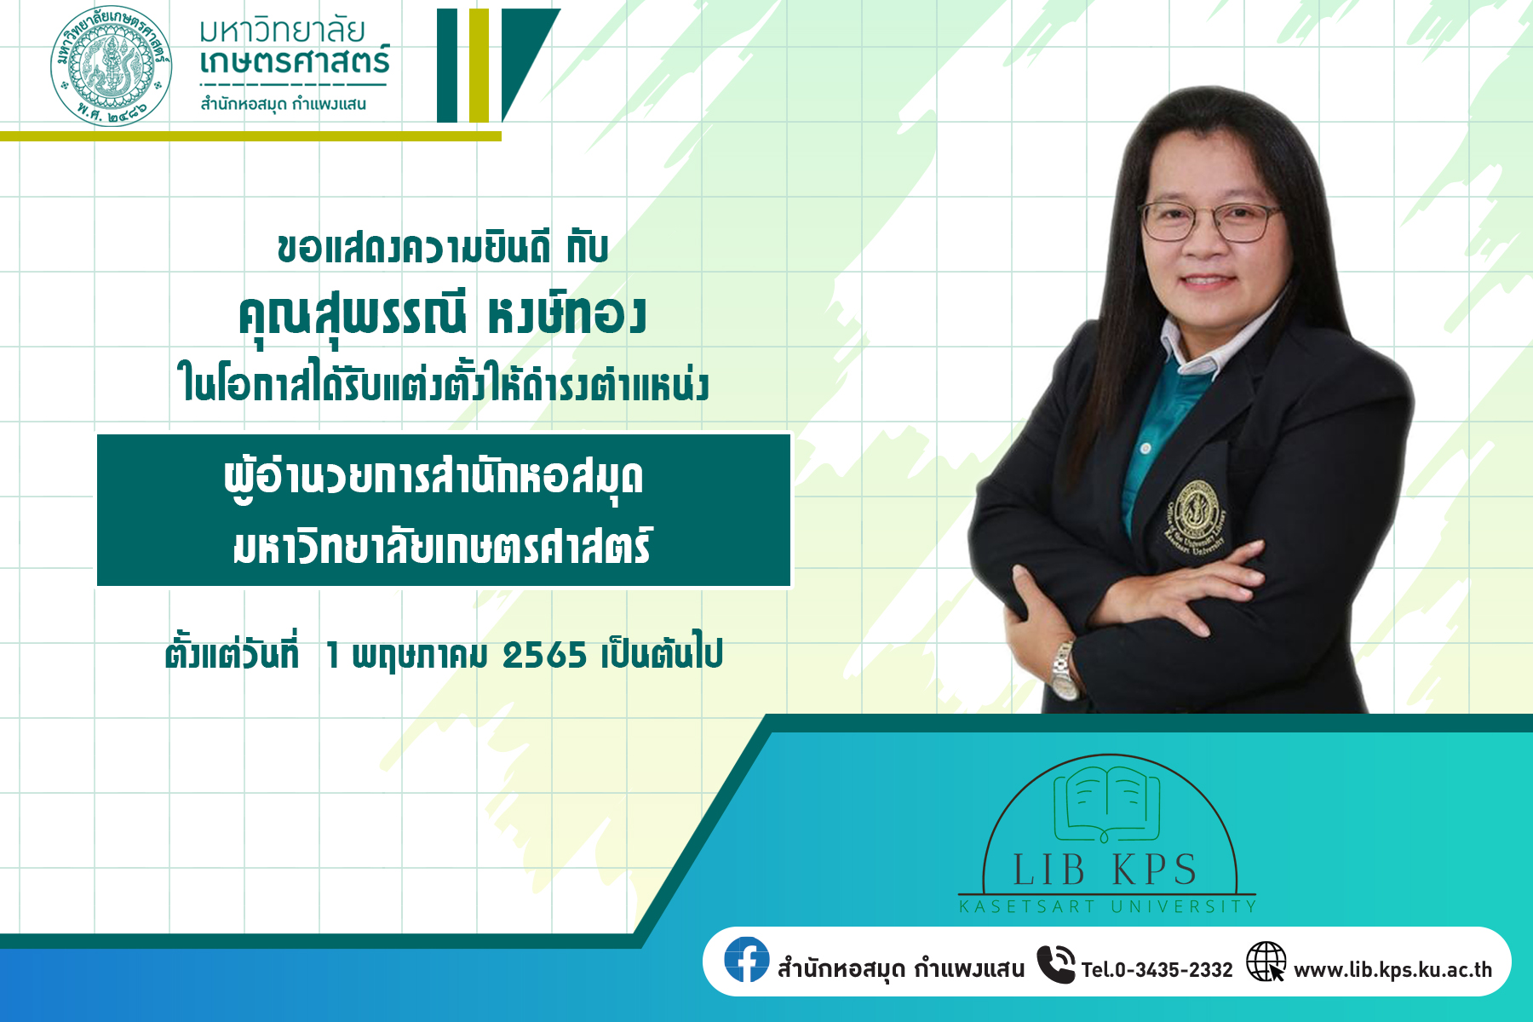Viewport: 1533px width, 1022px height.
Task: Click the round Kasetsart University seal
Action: (111, 66)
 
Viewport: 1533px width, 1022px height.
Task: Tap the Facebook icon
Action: (747, 960)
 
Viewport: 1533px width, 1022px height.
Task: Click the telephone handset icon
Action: (1056, 964)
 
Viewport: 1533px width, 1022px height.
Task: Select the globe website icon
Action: (1266, 962)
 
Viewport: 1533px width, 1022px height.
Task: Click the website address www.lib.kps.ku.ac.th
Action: (1392, 970)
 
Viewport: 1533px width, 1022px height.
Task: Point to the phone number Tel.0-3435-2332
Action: (1157, 970)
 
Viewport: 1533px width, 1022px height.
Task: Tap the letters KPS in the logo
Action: (1155, 870)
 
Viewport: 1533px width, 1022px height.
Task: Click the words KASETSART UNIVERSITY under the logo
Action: (1108, 907)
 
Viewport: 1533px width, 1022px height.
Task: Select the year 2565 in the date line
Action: (545, 656)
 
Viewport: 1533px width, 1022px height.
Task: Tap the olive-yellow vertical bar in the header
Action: (479, 66)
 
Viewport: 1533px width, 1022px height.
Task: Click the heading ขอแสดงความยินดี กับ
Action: (443, 248)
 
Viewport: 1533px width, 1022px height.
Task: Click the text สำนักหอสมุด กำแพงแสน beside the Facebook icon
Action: (901, 970)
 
